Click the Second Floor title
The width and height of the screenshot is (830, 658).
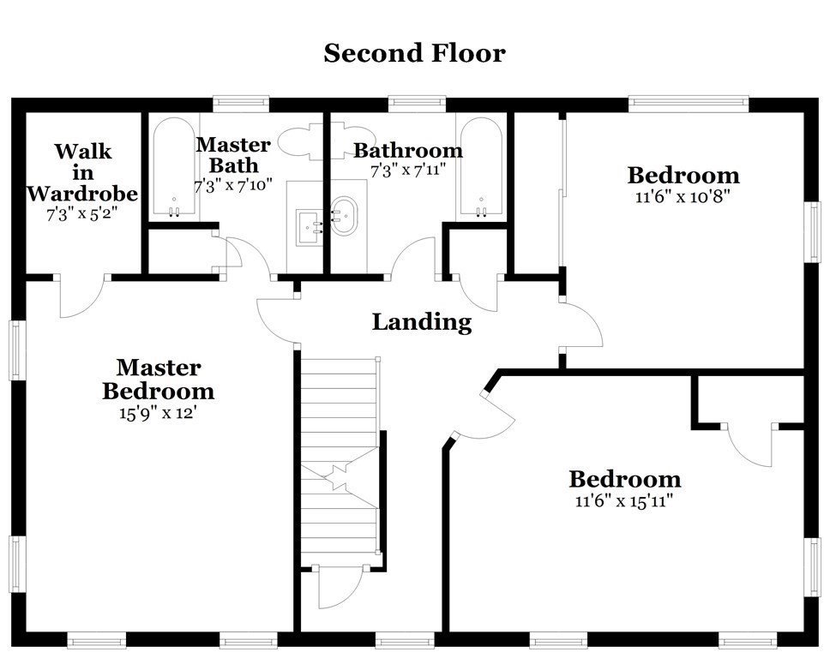[x=414, y=53]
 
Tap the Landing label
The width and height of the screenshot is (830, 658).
[x=422, y=322]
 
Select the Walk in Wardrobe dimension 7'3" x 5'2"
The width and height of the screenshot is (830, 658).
[x=81, y=213]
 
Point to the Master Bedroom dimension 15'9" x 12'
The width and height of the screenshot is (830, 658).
[x=159, y=413]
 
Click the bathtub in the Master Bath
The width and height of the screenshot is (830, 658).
[x=173, y=166]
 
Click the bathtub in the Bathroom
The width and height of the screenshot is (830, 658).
[x=481, y=166]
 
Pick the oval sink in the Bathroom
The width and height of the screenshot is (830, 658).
[x=345, y=216]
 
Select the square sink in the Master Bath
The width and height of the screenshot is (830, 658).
[x=310, y=227]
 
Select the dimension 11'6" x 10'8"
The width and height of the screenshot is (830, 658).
[x=683, y=197]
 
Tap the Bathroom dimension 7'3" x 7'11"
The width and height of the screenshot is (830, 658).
[x=408, y=170]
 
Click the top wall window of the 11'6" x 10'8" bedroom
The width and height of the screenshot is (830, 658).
[x=689, y=105]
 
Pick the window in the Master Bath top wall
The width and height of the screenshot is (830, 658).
[x=241, y=105]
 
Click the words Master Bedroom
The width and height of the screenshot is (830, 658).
[x=159, y=380]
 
